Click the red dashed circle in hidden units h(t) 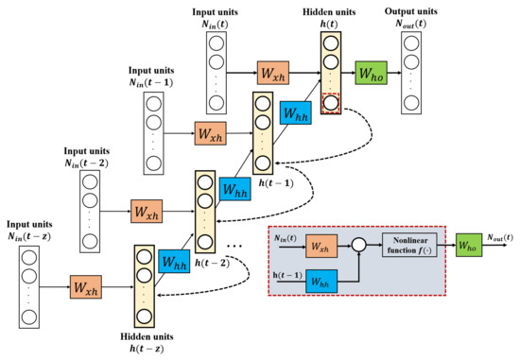[330, 102]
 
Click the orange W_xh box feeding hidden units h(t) [273, 72]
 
